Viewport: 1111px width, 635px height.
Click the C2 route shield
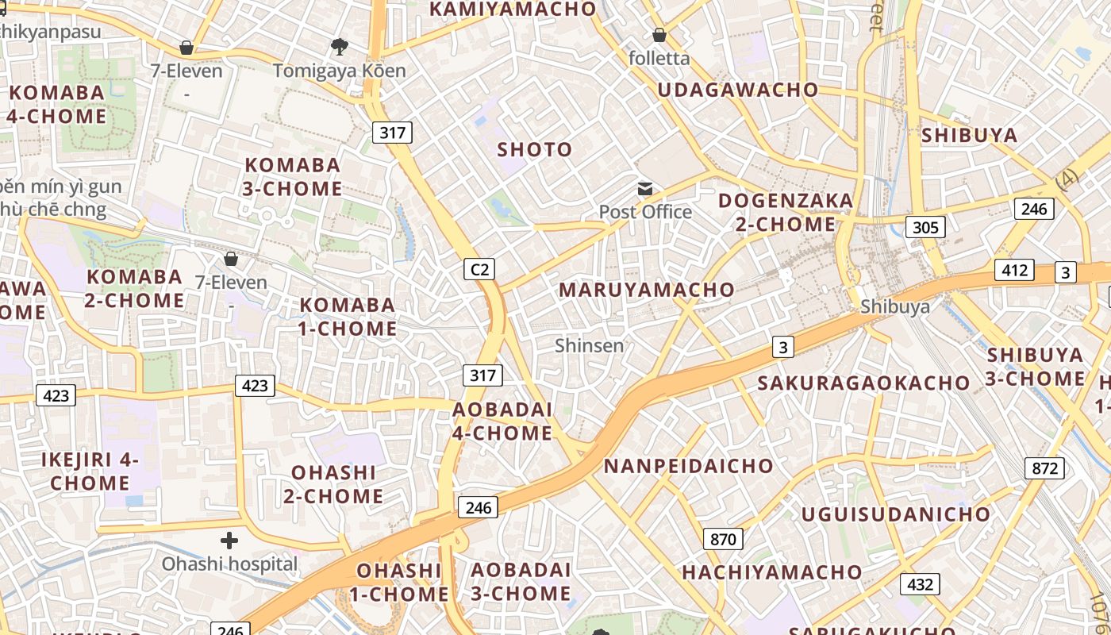click(479, 270)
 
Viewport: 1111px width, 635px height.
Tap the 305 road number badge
click(925, 228)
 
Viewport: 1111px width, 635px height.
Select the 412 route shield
click(1015, 270)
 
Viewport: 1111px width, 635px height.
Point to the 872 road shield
click(1044, 468)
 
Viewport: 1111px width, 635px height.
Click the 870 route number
click(723, 540)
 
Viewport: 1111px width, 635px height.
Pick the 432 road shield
click(920, 585)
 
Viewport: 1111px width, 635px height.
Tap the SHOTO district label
click(534, 149)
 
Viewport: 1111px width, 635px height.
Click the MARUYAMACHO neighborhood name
click(647, 290)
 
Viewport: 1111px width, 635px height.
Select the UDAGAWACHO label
click(737, 90)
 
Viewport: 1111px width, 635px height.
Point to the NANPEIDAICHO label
click(688, 466)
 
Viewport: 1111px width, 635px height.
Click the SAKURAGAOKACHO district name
click(863, 383)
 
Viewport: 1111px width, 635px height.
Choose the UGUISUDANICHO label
click(896, 514)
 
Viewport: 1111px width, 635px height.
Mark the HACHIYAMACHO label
click(771, 572)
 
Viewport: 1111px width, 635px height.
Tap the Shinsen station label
click(590, 346)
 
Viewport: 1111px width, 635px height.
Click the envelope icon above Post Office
click(645, 189)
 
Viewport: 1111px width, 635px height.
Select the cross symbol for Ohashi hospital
click(229, 541)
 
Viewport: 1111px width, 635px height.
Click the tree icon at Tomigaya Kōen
click(340, 47)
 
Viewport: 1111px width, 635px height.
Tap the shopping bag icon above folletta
click(659, 35)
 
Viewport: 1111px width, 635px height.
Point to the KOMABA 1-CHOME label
click(348, 317)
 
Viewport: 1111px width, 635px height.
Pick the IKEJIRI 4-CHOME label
click(90, 471)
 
